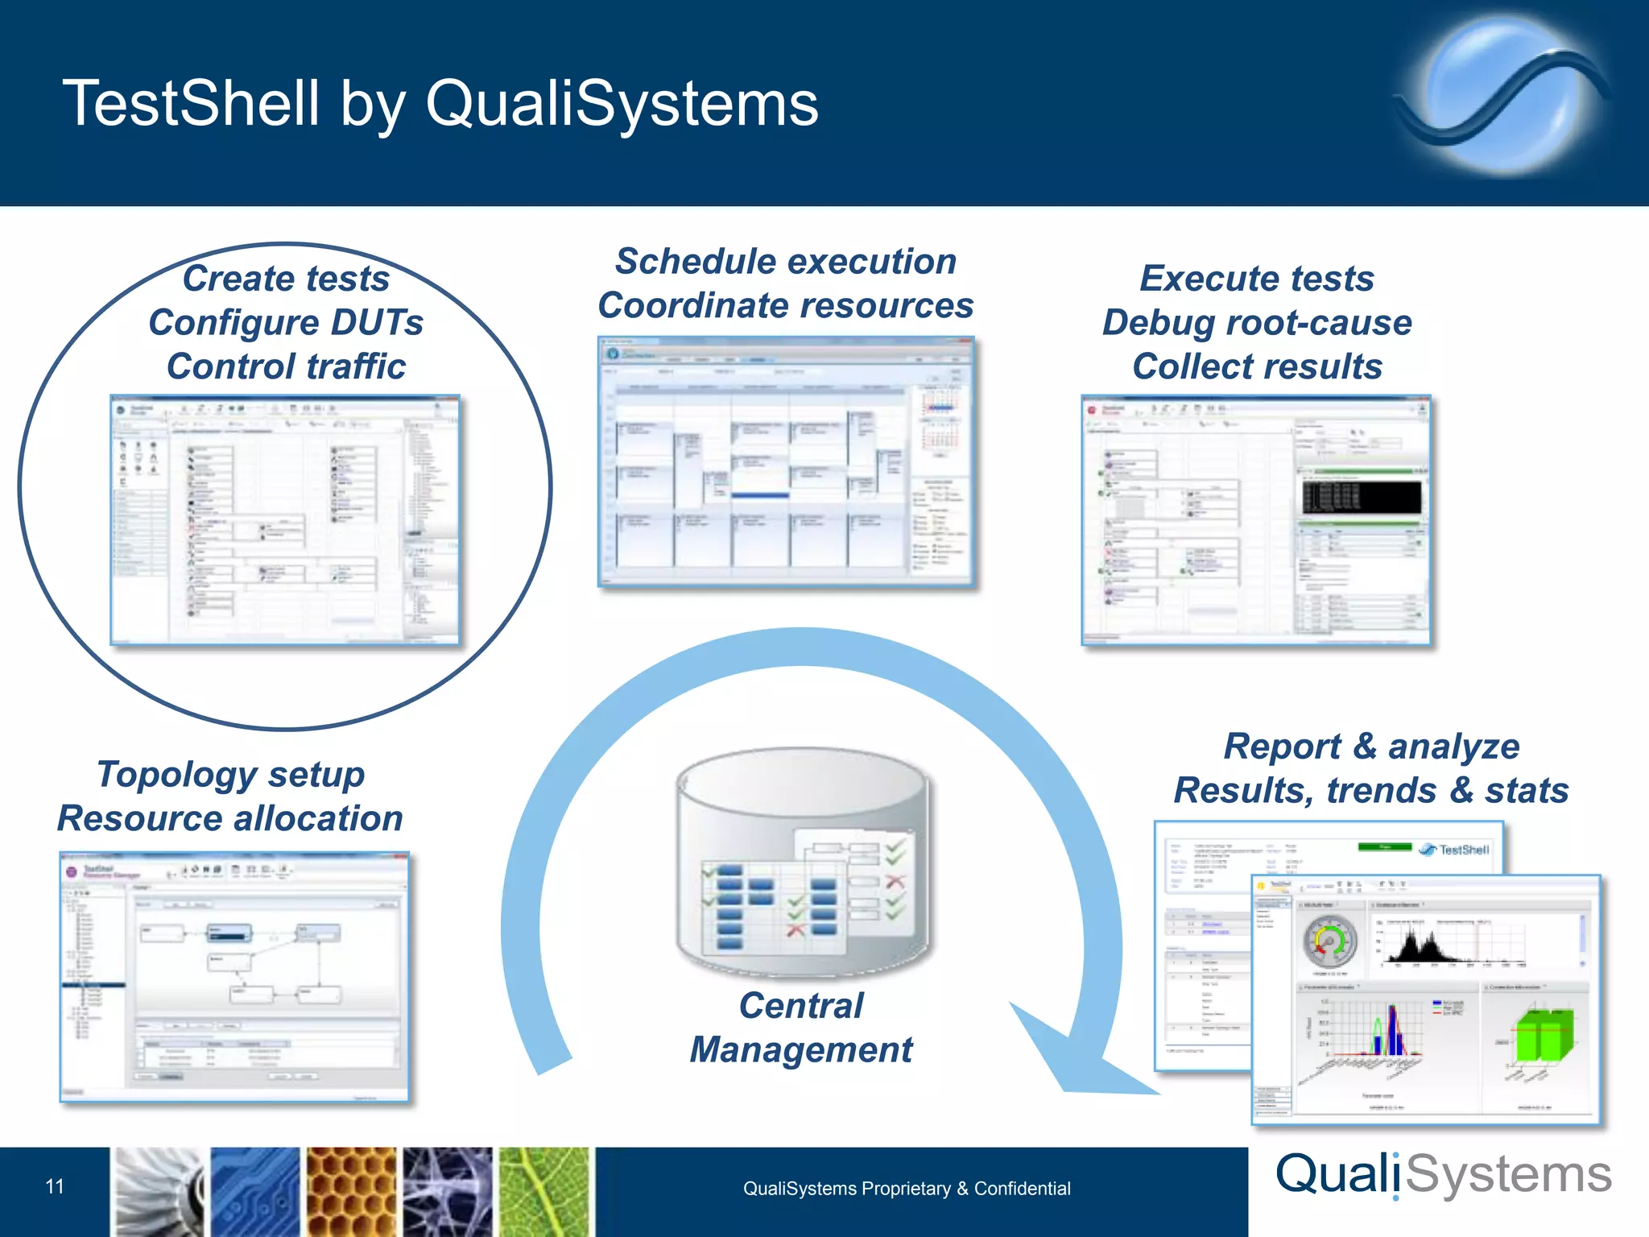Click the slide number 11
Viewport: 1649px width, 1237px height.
tap(55, 1186)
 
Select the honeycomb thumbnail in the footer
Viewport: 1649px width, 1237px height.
tap(351, 1192)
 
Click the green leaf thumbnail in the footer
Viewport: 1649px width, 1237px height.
tap(544, 1192)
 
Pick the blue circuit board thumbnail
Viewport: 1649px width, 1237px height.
tap(254, 1192)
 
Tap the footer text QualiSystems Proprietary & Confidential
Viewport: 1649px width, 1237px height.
tap(907, 1189)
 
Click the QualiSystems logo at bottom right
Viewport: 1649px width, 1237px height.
tap(1443, 1176)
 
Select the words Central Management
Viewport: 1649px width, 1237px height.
tap(801, 1028)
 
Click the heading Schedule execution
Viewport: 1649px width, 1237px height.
tap(786, 262)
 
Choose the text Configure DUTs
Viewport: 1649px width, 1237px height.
tap(286, 323)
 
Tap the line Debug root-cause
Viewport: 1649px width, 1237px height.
tap(1257, 323)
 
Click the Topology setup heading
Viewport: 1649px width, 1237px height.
tap(231, 775)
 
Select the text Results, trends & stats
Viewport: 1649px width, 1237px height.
tap(1371, 790)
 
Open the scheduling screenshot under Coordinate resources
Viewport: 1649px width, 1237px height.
tap(786, 461)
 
